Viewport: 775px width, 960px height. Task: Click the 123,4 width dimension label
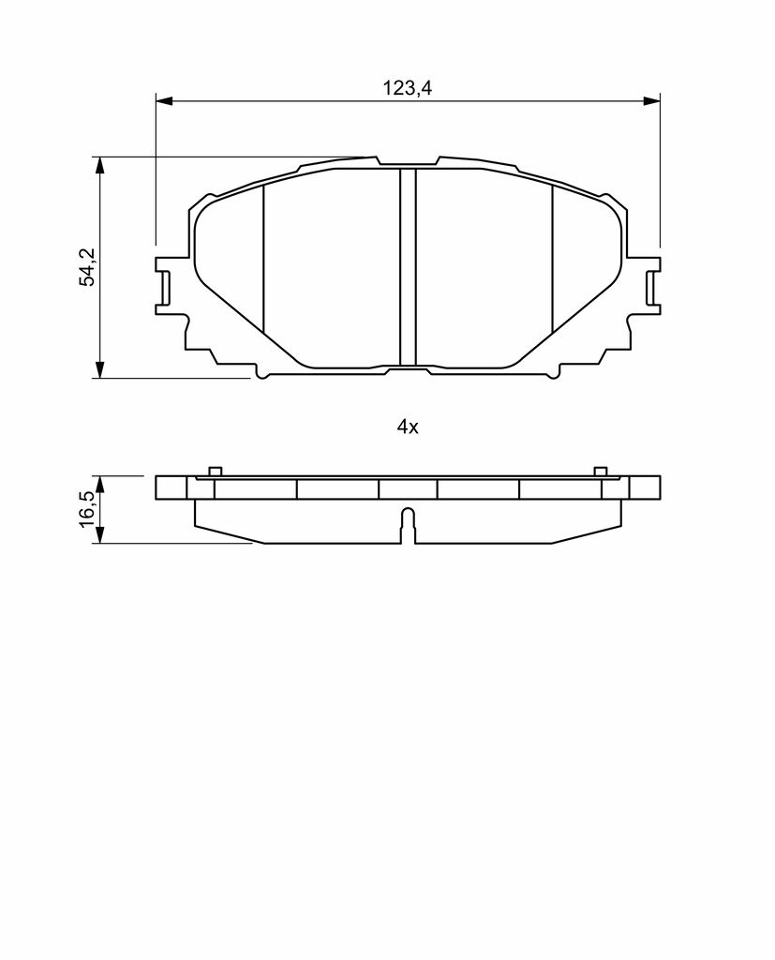408,88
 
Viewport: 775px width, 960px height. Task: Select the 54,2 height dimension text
88,267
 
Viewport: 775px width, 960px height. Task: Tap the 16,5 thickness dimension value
88,507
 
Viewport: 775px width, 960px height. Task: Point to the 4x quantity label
408,427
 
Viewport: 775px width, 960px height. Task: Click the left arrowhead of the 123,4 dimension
164,100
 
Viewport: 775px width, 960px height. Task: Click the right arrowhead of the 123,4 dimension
652,100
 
